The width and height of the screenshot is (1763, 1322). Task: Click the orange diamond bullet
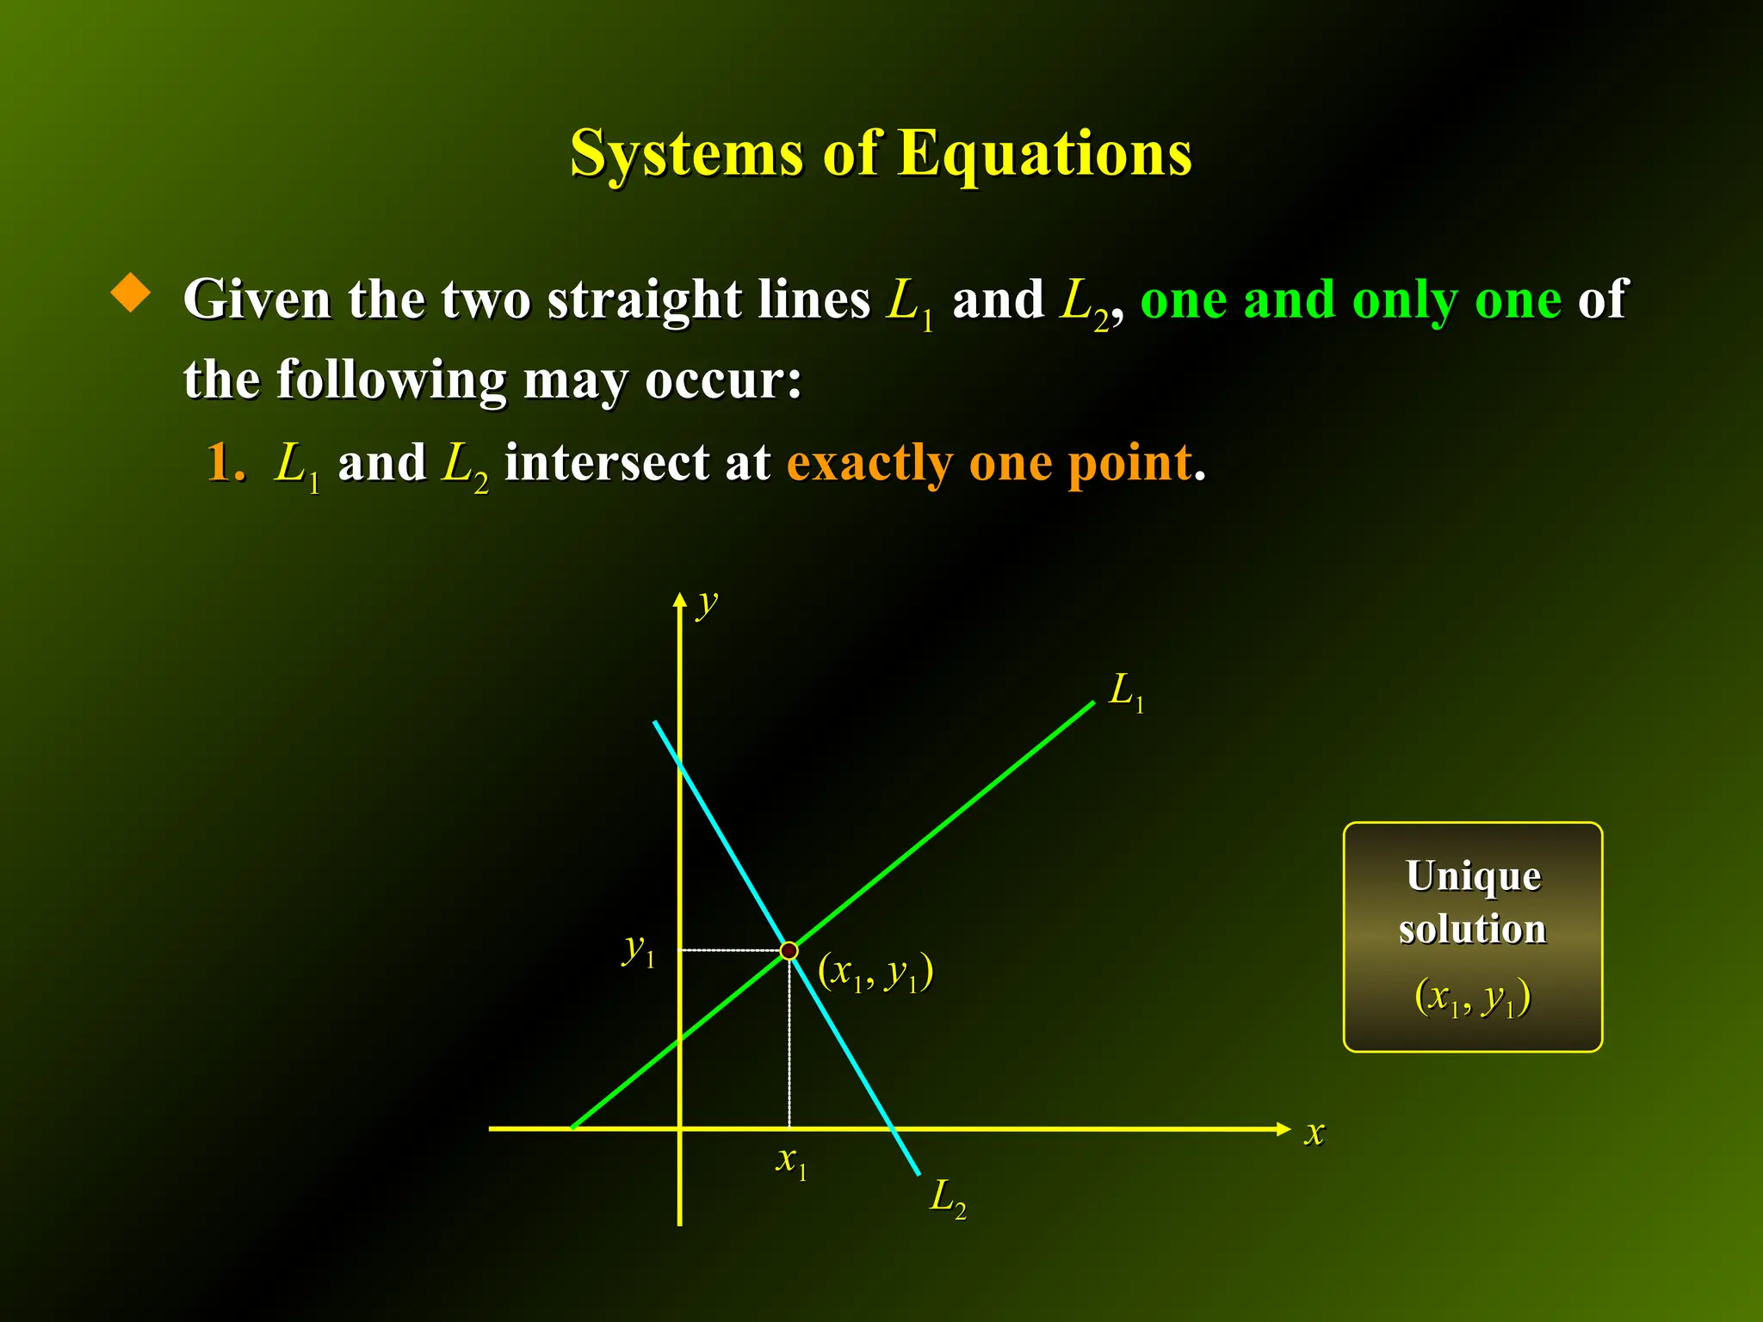tap(131, 293)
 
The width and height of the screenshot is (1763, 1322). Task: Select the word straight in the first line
tap(644, 301)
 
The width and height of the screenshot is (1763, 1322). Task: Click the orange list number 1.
tap(224, 463)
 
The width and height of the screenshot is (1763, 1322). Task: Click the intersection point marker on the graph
tap(789, 950)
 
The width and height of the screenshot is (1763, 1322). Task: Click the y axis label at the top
tap(707, 604)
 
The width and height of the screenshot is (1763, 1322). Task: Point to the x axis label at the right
tap(1314, 1133)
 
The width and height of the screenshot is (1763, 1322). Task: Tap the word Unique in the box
tap(1473, 876)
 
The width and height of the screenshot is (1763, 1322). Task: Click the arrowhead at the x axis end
tap(1284, 1128)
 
